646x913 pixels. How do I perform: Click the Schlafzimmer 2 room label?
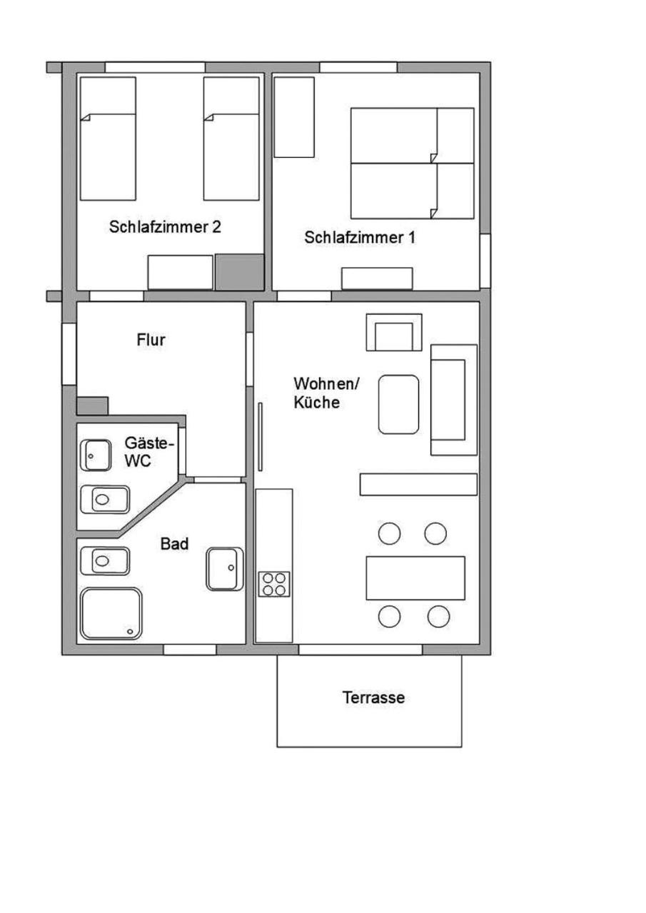165,227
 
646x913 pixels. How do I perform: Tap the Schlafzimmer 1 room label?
360,238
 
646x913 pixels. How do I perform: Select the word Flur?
151,340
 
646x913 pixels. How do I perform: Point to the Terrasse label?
373,697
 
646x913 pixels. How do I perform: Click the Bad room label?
174,544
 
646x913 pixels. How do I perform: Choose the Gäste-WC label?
149,452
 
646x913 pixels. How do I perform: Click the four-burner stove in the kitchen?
274,585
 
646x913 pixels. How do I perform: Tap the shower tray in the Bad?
111,613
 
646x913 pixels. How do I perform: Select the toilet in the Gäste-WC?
105,499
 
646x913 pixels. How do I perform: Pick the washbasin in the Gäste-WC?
96,455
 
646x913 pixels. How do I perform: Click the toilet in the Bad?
105,561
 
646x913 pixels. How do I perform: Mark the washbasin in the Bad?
225,569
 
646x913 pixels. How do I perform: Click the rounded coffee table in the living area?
398,404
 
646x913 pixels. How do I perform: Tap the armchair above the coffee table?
394,332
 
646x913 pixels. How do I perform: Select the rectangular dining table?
415,578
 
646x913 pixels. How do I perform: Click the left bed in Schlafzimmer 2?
108,138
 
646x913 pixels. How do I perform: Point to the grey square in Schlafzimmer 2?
239,272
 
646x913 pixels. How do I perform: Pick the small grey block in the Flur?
93,406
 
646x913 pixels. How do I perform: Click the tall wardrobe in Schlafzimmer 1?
294,117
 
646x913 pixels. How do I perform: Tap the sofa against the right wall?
453,400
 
